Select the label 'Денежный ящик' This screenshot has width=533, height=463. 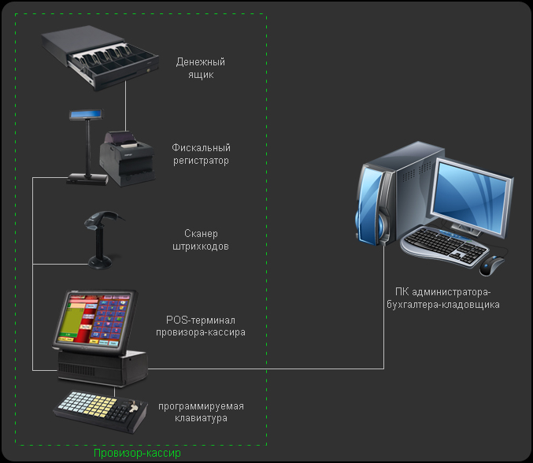[x=202, y=69]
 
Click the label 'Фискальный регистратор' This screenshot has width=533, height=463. [x=201, y=154]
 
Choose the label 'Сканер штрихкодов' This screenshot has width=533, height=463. [x=200, y=240]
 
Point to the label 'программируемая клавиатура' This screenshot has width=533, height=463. [x=201, y=412]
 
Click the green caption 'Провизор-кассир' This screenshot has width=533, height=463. [x=137, y=454]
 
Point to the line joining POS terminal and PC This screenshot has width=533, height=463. [x=315, y=369]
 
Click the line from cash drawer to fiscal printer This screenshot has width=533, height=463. [x=125, y=102]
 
